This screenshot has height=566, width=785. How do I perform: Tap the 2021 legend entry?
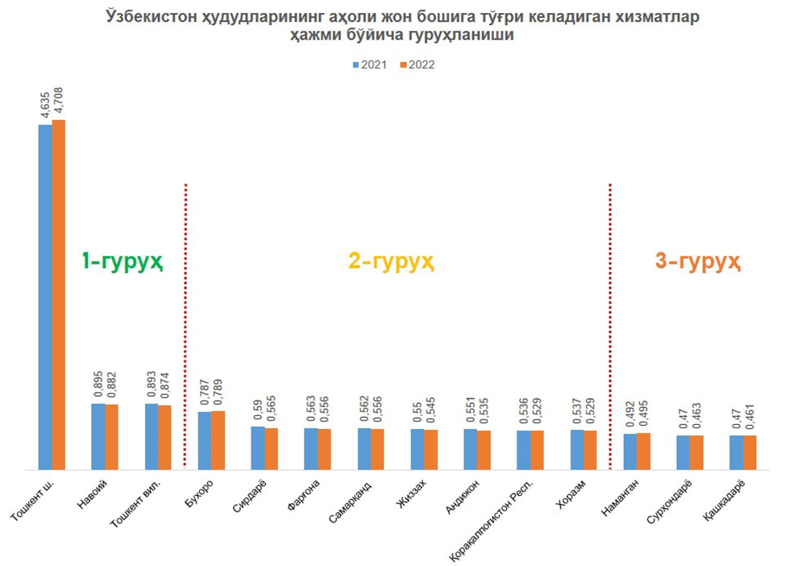pyautogui.click(x=372, y=65)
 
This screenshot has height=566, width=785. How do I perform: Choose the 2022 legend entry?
pyautogui.click(x=417, y=65)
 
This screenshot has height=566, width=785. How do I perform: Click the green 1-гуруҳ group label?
pyautogui.click(x=123, y=261)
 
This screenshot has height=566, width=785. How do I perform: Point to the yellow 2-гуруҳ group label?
pyautogui.click(x=392, y=261)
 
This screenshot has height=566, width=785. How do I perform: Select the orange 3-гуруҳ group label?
pyautogui.click(x=697, y=261)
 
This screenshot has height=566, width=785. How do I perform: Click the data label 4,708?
pyautogui.click(x=60, y=102)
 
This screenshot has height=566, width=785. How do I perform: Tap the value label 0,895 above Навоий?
pyautogui.click(x=98, y=385)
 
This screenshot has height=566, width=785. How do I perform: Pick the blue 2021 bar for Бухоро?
pyautogui.click(x=205, y=440)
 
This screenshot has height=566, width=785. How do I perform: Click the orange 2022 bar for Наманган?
pyautogui.click(x=643, y=451)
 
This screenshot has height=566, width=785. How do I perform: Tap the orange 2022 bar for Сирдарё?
pyautogui.click(x=272, y=448)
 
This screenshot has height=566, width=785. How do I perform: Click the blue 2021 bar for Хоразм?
pyautogui.click(x=577, y=449)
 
